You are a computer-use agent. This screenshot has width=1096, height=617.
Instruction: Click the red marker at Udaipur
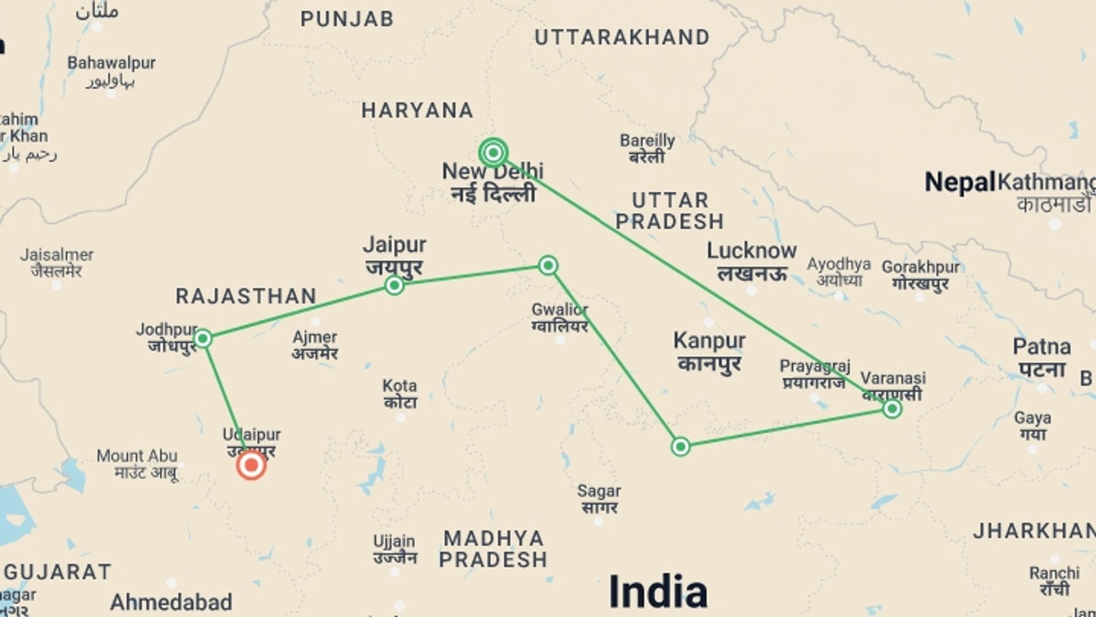(x=251, y=465)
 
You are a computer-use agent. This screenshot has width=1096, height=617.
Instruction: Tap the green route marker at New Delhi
(x=493, y=153)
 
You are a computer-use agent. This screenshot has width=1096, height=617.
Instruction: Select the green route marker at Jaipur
(x=394, y=285)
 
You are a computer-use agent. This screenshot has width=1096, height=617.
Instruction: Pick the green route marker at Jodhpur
(x=203, y=339)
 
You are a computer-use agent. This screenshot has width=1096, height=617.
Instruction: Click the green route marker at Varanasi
(x=892, y=408)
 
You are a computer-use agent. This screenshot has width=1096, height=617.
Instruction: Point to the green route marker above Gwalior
(x=548, y=265)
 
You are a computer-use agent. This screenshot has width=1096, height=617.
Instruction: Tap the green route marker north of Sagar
(x=680, y=446)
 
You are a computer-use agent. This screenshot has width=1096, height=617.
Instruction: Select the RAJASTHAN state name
(x=246, y=296)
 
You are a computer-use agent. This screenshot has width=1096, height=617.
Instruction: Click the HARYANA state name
(x=417, y=110)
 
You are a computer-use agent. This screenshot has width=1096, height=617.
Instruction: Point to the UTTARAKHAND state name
(x=622, y=38)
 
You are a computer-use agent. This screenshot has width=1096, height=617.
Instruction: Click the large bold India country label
(x=658, y=591)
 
